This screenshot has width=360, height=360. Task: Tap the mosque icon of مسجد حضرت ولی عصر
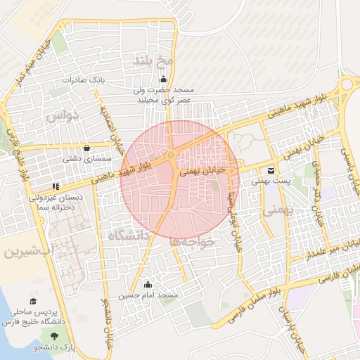(164, 79)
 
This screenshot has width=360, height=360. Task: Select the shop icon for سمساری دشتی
(86, 148)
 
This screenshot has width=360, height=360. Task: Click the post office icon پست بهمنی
(271, 169)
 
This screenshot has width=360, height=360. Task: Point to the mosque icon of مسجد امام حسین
(148, 285)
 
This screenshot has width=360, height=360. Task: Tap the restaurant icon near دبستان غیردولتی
(54, 187)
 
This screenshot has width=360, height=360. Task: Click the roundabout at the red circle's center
(171, 155)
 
